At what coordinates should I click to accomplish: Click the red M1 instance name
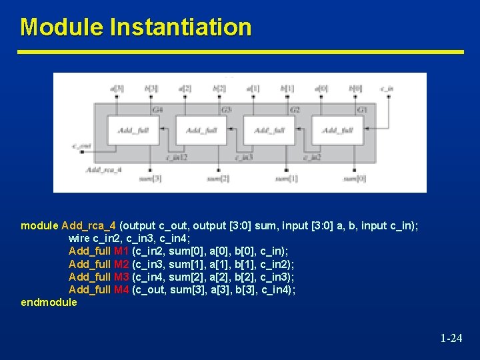121,251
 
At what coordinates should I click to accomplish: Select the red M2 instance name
121,264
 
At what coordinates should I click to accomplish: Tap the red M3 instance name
121,277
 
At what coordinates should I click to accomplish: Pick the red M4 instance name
121,289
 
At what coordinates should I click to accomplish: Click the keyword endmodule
49,302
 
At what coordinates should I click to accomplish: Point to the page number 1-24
451,339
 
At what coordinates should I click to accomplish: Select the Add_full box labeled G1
338,130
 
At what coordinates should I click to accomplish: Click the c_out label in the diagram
81,145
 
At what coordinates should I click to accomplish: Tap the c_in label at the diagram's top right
387,87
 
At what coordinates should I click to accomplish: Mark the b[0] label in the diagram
355,87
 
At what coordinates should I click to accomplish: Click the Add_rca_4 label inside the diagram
103,170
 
